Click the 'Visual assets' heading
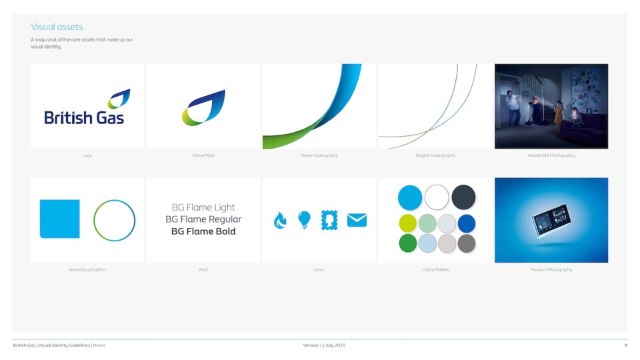point(57,27)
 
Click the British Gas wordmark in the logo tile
point(84,118)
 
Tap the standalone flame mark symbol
point(203,108)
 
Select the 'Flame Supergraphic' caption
point(319,155)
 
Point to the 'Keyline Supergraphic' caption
point(435,155)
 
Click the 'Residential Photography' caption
point(551,155)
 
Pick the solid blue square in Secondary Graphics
point(59,219)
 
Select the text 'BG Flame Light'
point(203,207)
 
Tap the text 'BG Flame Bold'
point(203,231)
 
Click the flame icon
point(280,221)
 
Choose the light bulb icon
point(305,220)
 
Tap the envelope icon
point(357,220)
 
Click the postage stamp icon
point(329,221)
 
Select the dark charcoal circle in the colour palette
point(463,197)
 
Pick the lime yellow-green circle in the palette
point(408,223)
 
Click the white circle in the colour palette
point(437,197)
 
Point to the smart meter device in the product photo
point(551,220)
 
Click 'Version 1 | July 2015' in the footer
point(324,345)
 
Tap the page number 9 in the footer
point(625,345)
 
